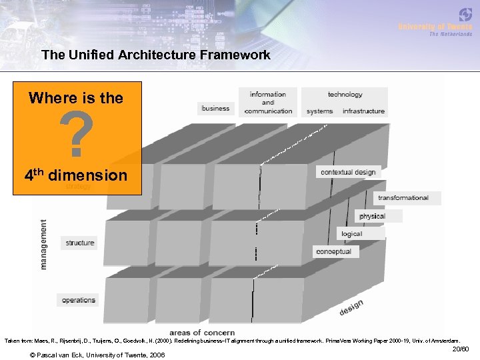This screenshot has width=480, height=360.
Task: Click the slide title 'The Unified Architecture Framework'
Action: [155, 55]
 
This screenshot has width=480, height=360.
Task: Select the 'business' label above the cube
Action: [215, 108]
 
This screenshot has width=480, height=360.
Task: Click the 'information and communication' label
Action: [268, 103]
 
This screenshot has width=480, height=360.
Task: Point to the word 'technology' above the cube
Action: [345, 95]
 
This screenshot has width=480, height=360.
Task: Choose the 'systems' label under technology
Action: [320, 111]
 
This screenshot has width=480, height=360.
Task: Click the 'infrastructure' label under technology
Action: [363, 111]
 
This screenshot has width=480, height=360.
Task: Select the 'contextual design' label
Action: [348, 172]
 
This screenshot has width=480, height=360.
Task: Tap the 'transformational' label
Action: [403, 198]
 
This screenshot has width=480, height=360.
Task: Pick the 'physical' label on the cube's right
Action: [372, 216]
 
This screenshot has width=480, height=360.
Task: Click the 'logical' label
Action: [351, 234]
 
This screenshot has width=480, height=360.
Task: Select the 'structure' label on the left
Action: [79, 243]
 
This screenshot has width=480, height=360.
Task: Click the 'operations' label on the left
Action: [79, 301]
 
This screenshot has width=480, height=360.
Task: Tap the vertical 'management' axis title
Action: [44, 244]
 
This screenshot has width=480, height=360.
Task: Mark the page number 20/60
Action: [461, 349]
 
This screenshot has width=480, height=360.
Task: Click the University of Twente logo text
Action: [435, 27]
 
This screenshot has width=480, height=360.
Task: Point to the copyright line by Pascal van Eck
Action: [98, 354]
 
